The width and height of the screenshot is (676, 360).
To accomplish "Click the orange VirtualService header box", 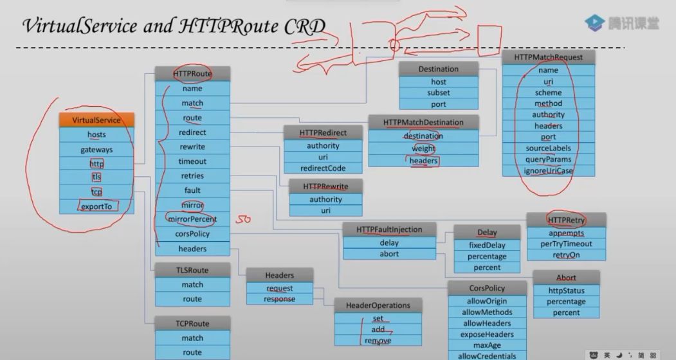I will click(x=96, y=120).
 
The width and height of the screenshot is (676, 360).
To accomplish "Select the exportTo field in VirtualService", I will click(x=96, y=206).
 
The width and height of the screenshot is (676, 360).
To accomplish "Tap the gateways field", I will click(x=96, y=150).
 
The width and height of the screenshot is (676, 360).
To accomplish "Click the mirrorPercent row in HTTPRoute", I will click(x=192, y=219).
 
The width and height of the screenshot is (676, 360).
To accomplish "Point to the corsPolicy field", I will click(x=192, y=234).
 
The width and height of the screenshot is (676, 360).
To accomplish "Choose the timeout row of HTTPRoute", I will click(x=192, y=161).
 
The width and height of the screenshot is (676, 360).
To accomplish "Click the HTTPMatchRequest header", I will click(x=548, y=57).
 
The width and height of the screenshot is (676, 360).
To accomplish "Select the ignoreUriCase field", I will click(x=548, y=171).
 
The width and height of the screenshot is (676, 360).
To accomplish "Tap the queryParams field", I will click(x=548, y=159).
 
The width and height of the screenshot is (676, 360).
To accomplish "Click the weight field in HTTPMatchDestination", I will click(x=423, y=148).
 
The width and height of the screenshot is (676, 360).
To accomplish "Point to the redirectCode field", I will click(x=324, y=168).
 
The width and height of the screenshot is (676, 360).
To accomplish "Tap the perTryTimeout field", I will click(x=566, y=244).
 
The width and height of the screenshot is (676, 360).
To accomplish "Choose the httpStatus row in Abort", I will click(x=566, y=291).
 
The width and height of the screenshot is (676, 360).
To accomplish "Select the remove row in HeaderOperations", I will click(x=378, y=341).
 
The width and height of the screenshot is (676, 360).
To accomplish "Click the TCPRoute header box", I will click(x=192, y=323).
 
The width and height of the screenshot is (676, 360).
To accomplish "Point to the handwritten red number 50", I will click(x=242, y=220).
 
